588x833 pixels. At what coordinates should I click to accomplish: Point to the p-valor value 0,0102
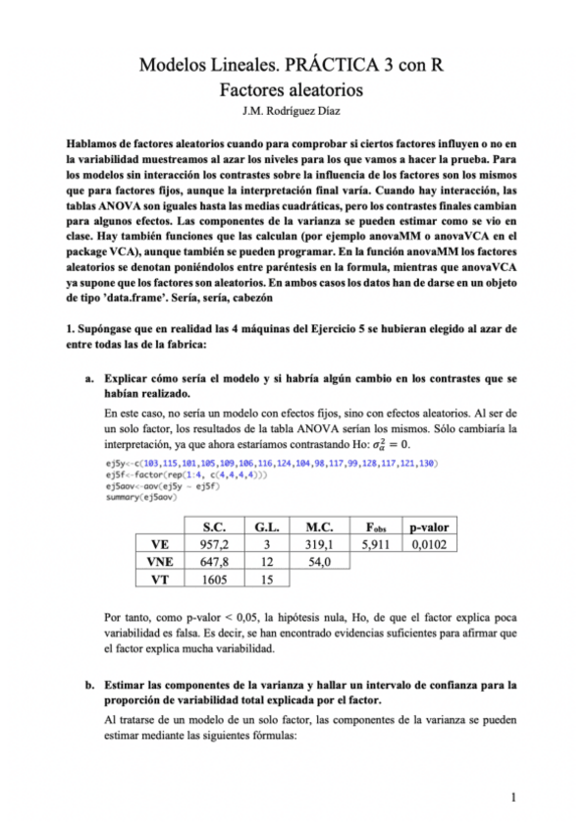click(429, 543)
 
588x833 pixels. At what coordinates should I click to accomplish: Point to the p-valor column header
click(429, 525)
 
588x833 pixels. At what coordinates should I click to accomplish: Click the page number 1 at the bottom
click(515, 796)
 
